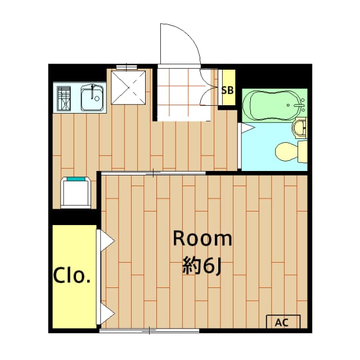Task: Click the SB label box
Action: coord(228,89)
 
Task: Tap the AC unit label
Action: coord(283,322)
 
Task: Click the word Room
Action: coord(202,239)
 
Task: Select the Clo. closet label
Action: coord(73,276)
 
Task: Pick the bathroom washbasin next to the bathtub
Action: coord(300,128)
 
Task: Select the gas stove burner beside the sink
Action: coord(63,98)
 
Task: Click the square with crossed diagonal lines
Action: coord(129,87)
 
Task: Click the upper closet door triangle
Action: coord(106,241)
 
